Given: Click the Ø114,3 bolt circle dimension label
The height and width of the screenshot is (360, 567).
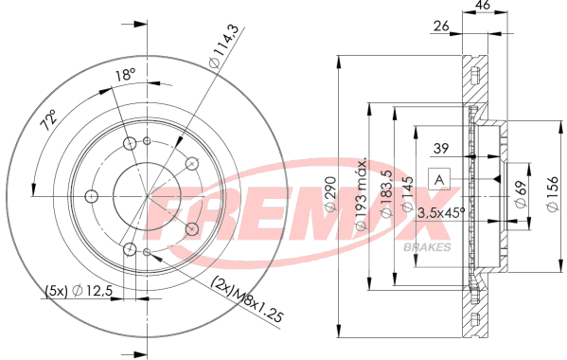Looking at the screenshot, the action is [x=224, y=45].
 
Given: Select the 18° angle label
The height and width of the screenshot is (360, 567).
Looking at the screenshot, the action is [x=125, y=75].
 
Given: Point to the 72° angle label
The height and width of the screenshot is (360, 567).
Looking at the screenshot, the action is [x=48, y=119].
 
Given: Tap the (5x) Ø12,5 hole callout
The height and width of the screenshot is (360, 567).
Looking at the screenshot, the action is [x=80, y=291].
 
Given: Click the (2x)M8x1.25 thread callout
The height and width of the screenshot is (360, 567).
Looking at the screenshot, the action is [x=247, y=299].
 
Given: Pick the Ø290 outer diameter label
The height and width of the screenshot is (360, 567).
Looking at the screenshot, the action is [x=330, y=193].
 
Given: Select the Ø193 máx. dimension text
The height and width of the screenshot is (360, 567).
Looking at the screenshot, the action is [x=362, y=193].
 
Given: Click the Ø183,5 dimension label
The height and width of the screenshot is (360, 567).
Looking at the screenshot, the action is [x=386, y=193].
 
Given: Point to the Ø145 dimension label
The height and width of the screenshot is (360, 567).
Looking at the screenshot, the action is [x=408, y=193].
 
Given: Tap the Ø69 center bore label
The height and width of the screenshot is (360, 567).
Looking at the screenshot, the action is [x=521, y=193].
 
